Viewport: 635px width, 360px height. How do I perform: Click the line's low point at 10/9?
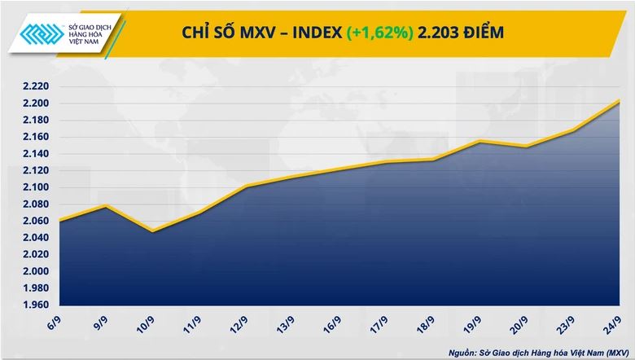[x=152, y=231]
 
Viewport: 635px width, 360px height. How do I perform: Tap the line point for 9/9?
[x=106, y=206]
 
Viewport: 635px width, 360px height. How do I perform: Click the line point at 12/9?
[x=246, y=187]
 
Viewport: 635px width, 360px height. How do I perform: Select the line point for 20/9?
[x=527, y=147]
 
